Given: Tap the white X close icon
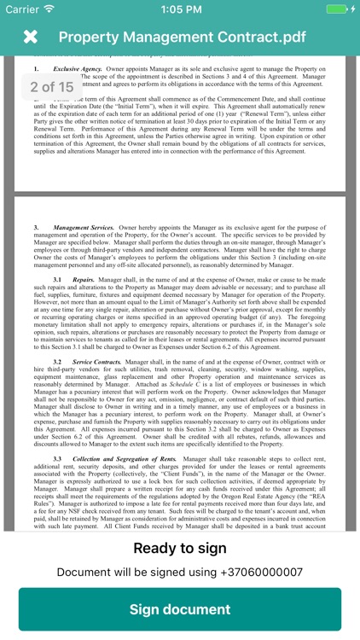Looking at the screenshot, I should [30, 37].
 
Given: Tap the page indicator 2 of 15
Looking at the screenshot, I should [51, 87].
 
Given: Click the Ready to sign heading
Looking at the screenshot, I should [180, 548].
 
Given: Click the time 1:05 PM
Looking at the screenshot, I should [180, 9].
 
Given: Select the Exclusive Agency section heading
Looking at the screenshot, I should [78, 67].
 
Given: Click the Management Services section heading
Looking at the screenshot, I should [83, 229].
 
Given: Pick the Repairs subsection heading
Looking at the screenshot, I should [84, 279].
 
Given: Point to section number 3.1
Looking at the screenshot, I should [57, 279].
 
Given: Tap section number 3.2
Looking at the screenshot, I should [57, 362].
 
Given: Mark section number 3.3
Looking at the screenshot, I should [57, 459].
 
